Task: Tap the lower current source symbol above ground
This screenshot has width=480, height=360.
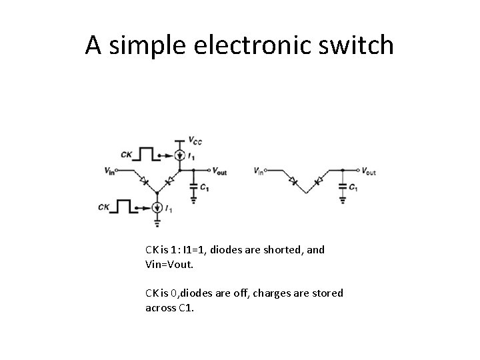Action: pyautogui.click(x=157, y=207)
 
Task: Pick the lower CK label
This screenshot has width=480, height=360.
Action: pyautogui.click(x=104, y=207)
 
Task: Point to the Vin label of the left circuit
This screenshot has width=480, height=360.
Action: pyautogui.click(x=109, y=172)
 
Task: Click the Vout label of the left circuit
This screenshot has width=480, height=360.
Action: pyautogui.click(x=219, y=171)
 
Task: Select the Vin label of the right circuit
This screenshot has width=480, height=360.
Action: pyautogui.click(x=259, y=171)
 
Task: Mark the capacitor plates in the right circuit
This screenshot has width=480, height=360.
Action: pyautogui.click(x=342, y=185)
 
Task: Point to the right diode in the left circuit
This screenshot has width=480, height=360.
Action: pyautogui.click(x=170, y=179)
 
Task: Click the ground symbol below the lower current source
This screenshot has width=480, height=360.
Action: pyautogui.click(x=157, y=219)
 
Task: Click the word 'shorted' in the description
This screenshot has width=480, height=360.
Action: pyautogui.click(x=273, y=250)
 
